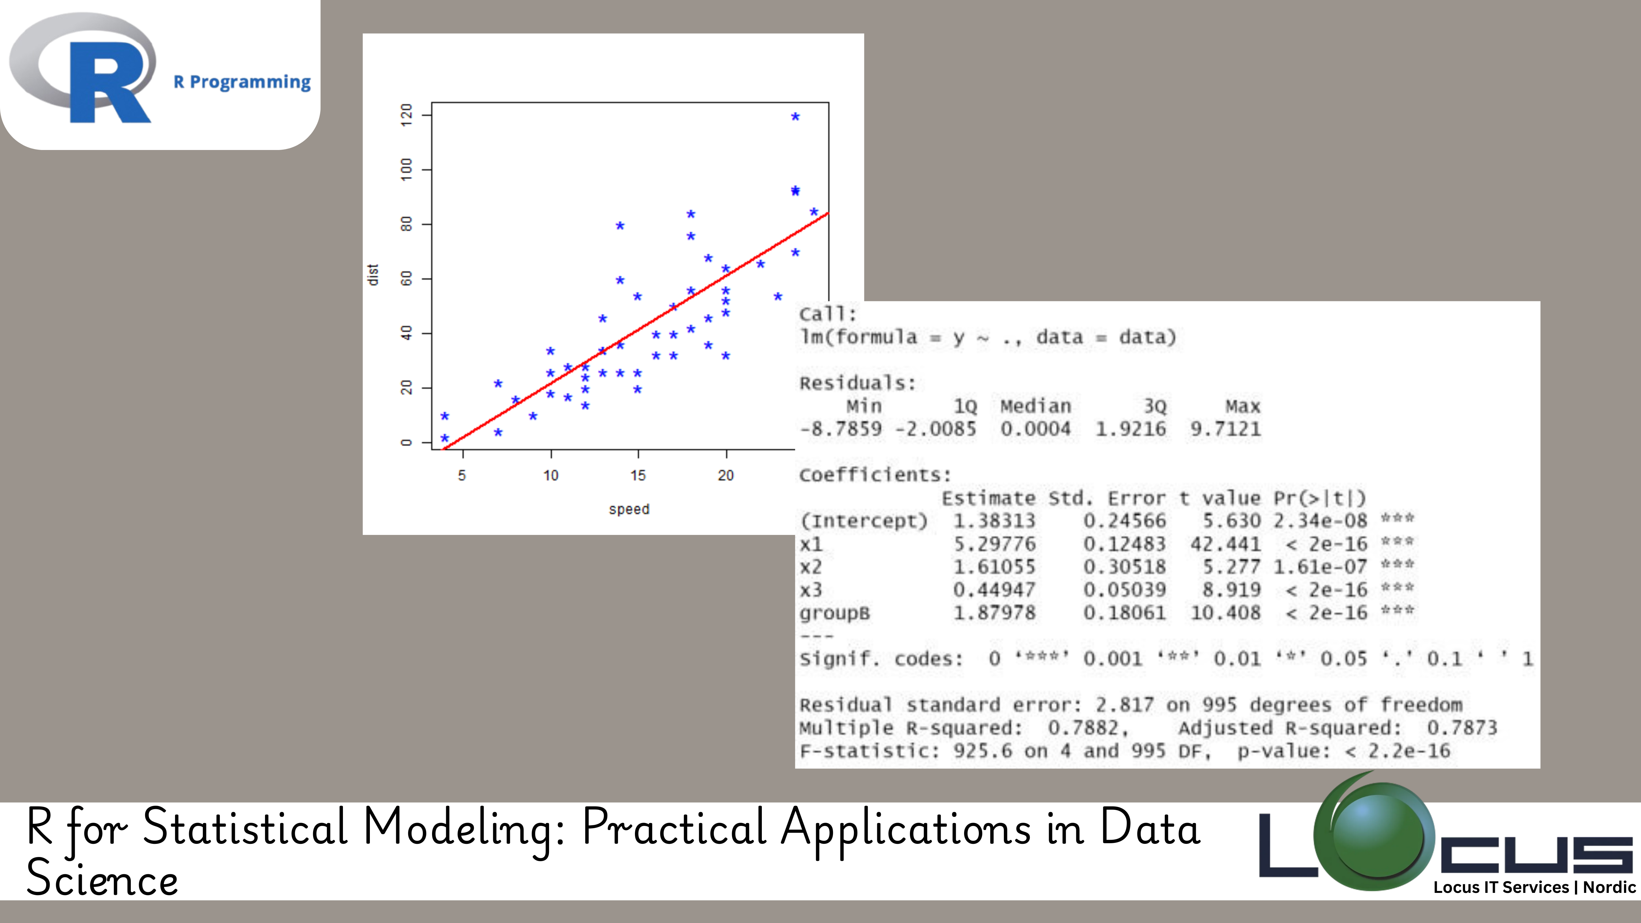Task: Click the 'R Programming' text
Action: click(x=242, y=82)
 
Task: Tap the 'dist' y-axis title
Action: click(x=373, y=275)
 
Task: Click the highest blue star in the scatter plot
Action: click(x=795, y=117)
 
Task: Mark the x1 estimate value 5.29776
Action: click(x=995, y=544)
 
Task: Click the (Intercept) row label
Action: click(x=864, y=521)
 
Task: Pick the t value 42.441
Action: click(x=1226, y=544)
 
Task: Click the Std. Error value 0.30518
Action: click(x=1125, y=567)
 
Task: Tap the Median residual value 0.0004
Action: click(x=1036, y=429)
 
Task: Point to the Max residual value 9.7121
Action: click(x=1226, y=429)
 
